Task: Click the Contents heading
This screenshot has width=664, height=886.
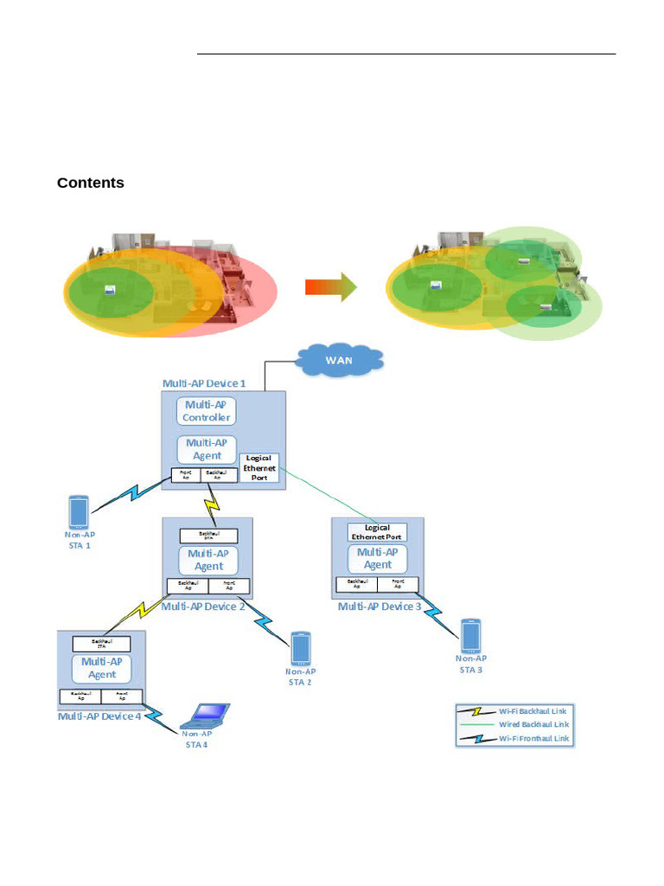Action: [91, 183]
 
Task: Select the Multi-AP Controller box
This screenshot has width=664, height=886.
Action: [207, 411]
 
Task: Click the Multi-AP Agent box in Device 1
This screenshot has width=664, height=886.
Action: [207, 449]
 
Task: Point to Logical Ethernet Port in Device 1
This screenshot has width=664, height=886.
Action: [259, 467]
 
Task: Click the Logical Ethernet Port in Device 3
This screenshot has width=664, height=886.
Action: [377, 532]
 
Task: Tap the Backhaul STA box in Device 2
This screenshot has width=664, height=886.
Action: [208, 536]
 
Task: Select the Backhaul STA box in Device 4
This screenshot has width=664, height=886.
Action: [101, 644]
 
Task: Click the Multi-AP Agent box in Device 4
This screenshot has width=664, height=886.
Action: [101, 668]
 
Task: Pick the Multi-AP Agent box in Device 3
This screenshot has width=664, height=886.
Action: [377, 558]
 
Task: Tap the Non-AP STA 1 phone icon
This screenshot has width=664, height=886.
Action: [78, 512]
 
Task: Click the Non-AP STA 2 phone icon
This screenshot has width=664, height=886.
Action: [301, 648]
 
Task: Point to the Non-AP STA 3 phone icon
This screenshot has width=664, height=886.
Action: [470, 635]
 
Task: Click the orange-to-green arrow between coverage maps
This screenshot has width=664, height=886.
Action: [331, 286]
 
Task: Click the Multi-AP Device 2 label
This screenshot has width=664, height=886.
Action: [203, 607]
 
